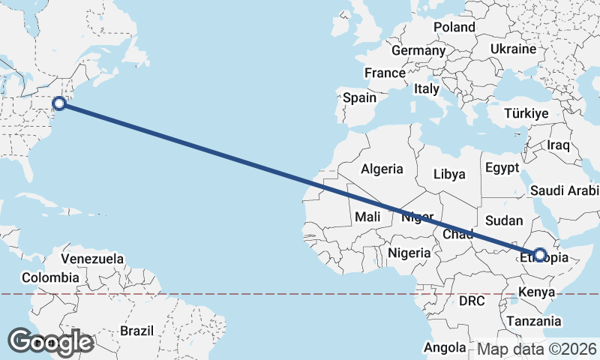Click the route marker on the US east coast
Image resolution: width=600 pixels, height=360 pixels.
pos(60,103)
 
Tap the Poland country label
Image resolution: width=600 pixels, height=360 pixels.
pos(454,27)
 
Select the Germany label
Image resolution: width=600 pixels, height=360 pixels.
pos(418,49)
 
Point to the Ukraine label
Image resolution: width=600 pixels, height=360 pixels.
pos(513,49)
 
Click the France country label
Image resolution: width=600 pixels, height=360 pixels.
pos(384,73)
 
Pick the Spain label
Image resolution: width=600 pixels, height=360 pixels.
pos(359,97)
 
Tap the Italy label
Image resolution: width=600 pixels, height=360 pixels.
pos(426,88)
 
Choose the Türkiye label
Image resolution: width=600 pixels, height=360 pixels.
pos(526,113)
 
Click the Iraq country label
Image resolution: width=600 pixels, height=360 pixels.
pos(559,145)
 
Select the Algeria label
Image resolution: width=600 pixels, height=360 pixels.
pos(382,169)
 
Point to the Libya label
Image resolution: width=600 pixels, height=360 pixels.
pos(449,174)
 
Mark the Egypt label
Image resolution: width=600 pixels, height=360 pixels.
pos(502,167)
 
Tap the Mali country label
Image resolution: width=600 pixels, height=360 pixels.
pos(367,217)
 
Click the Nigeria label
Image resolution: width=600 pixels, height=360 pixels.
pos(409,253)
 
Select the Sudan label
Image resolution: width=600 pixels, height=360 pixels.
pos(503,220)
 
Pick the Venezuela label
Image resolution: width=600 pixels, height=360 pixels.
pos(92,259)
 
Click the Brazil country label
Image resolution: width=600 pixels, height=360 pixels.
pos(136,330)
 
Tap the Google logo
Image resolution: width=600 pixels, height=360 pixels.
pos(50,341)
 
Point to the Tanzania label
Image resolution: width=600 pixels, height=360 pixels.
pos(532,321)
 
